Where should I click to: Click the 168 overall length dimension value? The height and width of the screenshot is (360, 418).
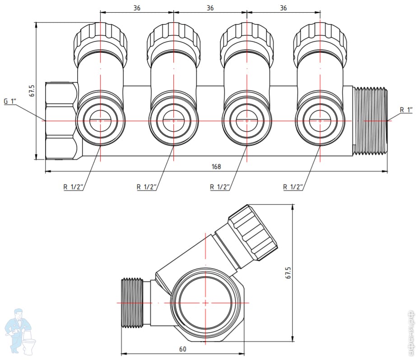[x=216, y=167]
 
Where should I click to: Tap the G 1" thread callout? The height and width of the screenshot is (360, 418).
[x=10, y=101]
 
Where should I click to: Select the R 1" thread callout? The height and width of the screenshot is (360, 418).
[x=406, y=109]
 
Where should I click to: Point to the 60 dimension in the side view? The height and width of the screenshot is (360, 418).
[x=183, y=349]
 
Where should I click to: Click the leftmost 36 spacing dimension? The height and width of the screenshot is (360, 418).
[x=137, y=8]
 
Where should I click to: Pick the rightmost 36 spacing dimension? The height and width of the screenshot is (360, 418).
[x=283, y=8]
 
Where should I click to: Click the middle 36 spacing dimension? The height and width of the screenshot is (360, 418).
[x=210, y=8]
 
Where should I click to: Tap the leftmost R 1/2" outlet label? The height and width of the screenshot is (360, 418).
[x=73, y=187]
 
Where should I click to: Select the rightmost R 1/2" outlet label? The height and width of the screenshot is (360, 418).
[x=293, y=187]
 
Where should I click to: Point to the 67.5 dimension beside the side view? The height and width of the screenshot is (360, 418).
[x=288, y=273]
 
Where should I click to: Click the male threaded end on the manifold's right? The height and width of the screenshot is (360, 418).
[x=370, y=121]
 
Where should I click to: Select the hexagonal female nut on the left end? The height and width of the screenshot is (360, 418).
[x=62, y=121]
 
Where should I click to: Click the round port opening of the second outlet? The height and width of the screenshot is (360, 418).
[x=173, y=121]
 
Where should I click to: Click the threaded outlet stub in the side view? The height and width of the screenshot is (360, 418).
[x=133, y=303]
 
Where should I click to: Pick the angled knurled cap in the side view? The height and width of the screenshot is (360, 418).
[x=253, y=232]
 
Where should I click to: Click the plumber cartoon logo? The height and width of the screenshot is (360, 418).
[x=20, y=331]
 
